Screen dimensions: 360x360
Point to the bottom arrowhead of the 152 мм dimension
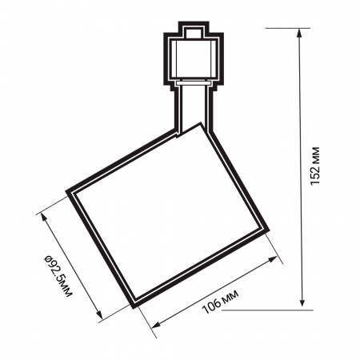(x=302, y=305)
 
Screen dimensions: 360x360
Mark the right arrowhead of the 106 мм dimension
(x=280, y=259)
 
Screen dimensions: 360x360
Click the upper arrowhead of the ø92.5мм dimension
(x=39, y=213)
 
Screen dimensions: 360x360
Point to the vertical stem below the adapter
(x=191, y=104)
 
